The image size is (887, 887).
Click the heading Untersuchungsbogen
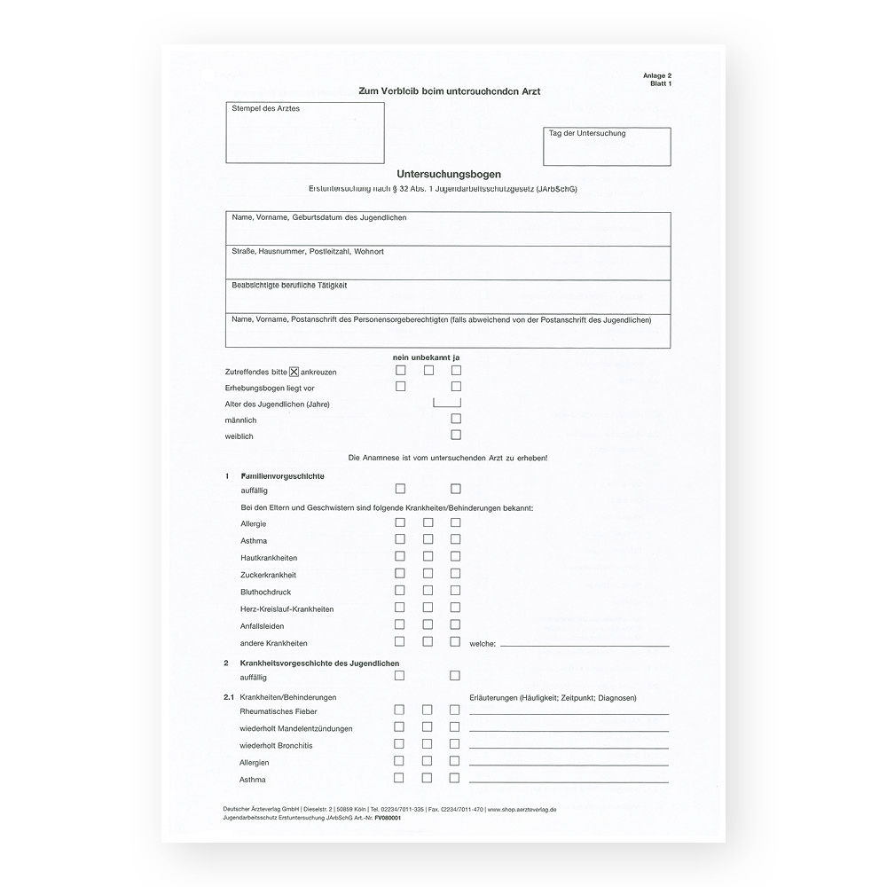449,174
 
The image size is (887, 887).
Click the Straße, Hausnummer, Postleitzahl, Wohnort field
448,263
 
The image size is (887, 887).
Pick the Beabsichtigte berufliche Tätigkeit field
448,297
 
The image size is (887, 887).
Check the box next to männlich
456,419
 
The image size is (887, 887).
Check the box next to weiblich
456,436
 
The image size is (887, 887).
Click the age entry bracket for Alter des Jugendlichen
447,402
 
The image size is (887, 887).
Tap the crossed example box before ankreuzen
294,371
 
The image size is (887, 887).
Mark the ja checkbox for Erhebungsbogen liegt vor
456,387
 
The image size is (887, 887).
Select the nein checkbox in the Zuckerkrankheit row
400,574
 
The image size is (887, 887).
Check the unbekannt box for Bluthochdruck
428,591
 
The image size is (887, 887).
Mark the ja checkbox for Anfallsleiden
455,624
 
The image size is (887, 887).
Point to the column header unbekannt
429,357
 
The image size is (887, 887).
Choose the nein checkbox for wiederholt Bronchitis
399,744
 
